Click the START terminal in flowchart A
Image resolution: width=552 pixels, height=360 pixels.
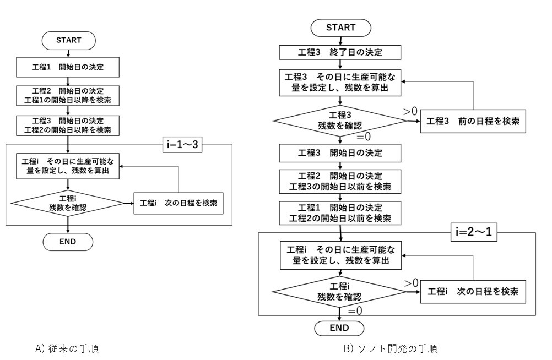pyautogui.click(x=68, y=40)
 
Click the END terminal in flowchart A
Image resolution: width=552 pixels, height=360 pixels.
pyautogui.click(x=68, y=241)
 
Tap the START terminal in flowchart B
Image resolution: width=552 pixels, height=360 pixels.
pyautogui.click(x=340, y=28)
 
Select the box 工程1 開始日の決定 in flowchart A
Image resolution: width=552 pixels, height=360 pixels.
pyautogui.click(x=68, y=68)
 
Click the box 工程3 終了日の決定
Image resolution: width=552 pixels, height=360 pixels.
pyautogui.click(x=340, y=53)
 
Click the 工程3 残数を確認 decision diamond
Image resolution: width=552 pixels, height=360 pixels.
pyautogui.click(x=340, y=120)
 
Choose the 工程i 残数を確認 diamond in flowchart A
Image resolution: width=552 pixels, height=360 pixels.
pyautogui.click(x=68, y=202)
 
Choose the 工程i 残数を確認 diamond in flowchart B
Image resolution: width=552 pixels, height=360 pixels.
pyautogui.click(x=340, y=291)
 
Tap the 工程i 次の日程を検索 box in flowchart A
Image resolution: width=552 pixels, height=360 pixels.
pyautogui.click(x=178, y=203)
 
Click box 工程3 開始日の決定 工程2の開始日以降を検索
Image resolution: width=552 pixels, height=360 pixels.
pyautogui.click(x=68, y=126)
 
